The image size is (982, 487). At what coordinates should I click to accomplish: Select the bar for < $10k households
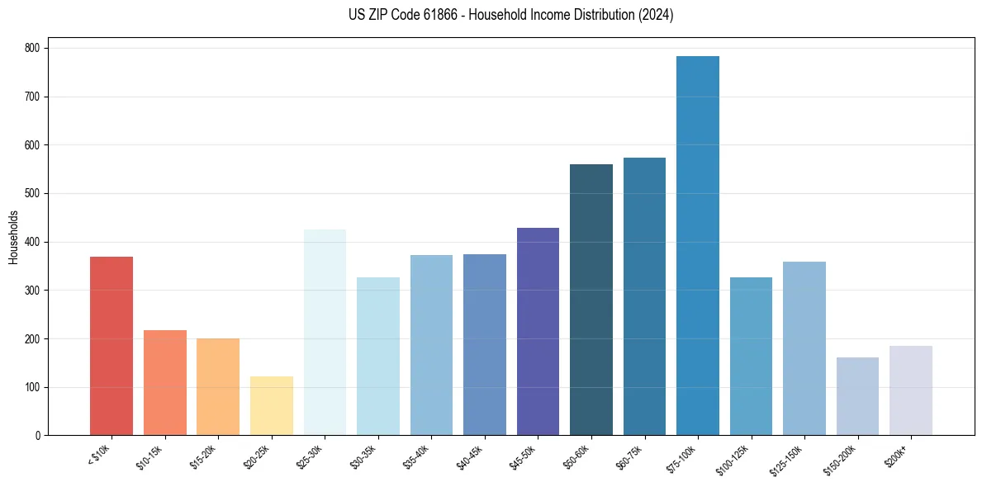click(x=111, y=346)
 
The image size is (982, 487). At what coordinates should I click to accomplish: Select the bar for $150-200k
click(x=857, y=396)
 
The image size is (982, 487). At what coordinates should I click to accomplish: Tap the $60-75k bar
click(x=644, y=296)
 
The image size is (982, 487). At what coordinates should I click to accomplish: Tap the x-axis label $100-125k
click(x=733, y=457)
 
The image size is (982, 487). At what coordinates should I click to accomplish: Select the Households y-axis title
click(x=14, y=237)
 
